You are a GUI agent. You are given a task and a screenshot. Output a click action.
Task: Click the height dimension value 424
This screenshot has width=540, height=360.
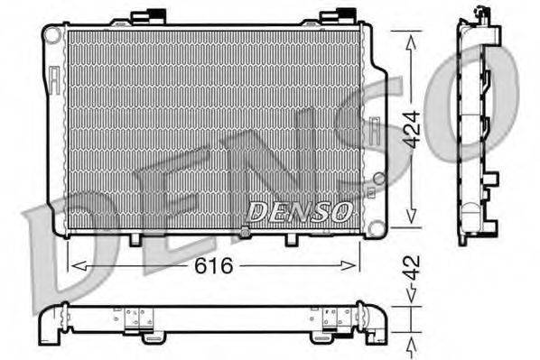point(412,128)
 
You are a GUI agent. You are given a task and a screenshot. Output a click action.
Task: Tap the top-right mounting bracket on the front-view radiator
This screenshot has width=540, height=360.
point(344,15)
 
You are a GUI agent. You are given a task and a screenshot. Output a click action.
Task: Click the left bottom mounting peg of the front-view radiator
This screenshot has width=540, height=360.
point(135,238)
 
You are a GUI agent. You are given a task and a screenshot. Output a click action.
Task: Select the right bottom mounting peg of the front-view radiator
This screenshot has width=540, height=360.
point(291,239)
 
